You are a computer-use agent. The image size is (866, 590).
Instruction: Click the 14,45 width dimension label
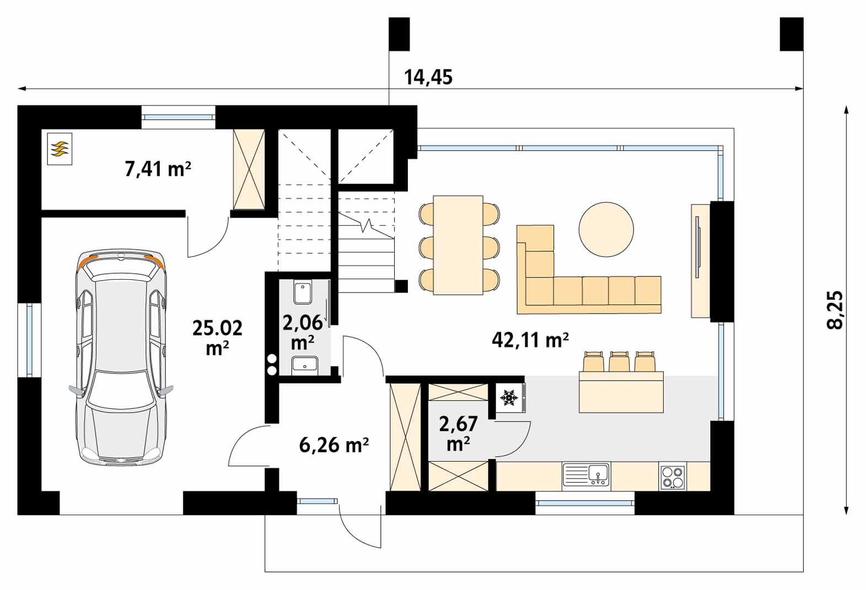click(x=428, y=77)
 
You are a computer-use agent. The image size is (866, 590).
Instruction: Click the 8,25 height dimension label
click(x=835, y=310)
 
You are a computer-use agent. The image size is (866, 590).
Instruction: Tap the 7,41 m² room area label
click(x=158, y=169)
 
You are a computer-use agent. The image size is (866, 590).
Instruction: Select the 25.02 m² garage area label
click(x=217, y=337)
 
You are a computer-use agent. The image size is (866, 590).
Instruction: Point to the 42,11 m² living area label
click(x=530, y=340)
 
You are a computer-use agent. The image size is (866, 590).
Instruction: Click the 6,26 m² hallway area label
click(x=334, y=445)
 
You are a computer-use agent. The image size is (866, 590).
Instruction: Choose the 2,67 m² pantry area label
click(x=459, y=434)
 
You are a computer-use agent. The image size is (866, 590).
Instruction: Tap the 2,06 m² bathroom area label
click(x=302, y=332)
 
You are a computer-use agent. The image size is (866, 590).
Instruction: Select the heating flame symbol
click(x=60, y=149)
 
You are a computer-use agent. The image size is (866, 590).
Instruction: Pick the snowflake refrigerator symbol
click(x=509, y=398)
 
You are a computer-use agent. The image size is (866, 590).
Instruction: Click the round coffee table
click(x=606, y=230)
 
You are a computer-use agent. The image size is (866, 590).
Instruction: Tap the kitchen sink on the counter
click(x=587, y=474)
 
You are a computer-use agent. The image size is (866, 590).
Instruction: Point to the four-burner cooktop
click(x=673, y=477)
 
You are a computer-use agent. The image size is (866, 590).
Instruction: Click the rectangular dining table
click(x=458, y=245)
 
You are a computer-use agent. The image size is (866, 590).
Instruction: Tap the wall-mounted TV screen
click(x=697, y=247)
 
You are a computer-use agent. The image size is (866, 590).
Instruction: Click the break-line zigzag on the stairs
click(x=366, y=225)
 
